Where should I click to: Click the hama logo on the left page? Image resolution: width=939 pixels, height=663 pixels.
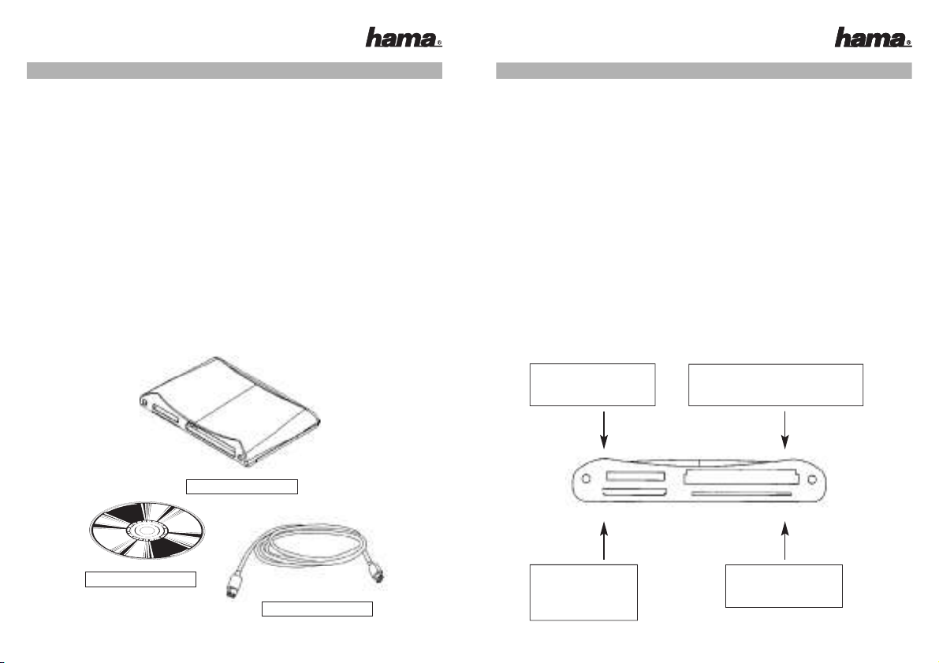coord(404,37)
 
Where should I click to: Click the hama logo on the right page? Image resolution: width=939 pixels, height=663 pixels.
coord(873,37)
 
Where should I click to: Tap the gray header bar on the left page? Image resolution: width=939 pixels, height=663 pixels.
coord(234,70)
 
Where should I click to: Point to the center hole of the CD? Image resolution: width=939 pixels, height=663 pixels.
coord(147,531)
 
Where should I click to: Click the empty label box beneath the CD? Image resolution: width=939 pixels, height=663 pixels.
coord(140,579)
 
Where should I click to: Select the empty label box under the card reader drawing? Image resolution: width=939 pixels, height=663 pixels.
coord(242,486)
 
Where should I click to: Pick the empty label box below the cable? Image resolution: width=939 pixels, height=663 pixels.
coord(318,609)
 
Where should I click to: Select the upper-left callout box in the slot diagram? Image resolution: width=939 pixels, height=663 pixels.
coord(592,385)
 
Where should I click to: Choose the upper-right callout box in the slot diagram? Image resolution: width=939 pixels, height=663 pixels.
coord(776,385)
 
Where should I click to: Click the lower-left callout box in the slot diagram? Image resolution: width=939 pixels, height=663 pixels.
coord(584,592)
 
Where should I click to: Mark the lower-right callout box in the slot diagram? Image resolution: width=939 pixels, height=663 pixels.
coord(784,586)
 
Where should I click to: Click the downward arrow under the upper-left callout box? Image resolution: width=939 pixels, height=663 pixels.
coord(604,430)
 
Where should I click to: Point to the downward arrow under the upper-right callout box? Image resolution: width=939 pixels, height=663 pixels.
coord(784,430)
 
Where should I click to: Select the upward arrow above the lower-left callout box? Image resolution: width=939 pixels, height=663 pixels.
coord(604,541)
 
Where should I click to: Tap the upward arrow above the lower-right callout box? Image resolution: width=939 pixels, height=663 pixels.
coord(785,541)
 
